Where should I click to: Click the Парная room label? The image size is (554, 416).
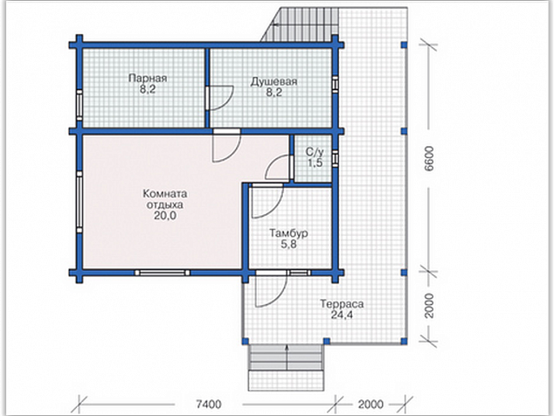point(148,78)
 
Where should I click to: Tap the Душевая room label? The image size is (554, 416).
point(274,81)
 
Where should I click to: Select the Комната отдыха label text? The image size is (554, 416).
point(165,199)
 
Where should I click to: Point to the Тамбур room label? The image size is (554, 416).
point(288,233)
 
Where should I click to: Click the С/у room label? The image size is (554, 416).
point(315,152)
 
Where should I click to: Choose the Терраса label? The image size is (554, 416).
point(342,304)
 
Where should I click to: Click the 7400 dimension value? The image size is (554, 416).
point(209,404)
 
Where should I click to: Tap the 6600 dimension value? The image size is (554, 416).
point(428,158)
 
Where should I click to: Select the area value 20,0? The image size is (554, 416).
point(165,215)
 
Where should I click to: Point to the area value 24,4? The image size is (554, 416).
point(342,315)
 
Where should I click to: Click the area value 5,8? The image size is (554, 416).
point(288,244)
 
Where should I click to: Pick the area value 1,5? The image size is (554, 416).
point(315,163)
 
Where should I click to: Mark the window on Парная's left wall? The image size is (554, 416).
point(80,106)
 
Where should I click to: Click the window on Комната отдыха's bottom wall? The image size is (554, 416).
point(163,273)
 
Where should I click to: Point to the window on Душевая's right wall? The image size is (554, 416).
point(335,85)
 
